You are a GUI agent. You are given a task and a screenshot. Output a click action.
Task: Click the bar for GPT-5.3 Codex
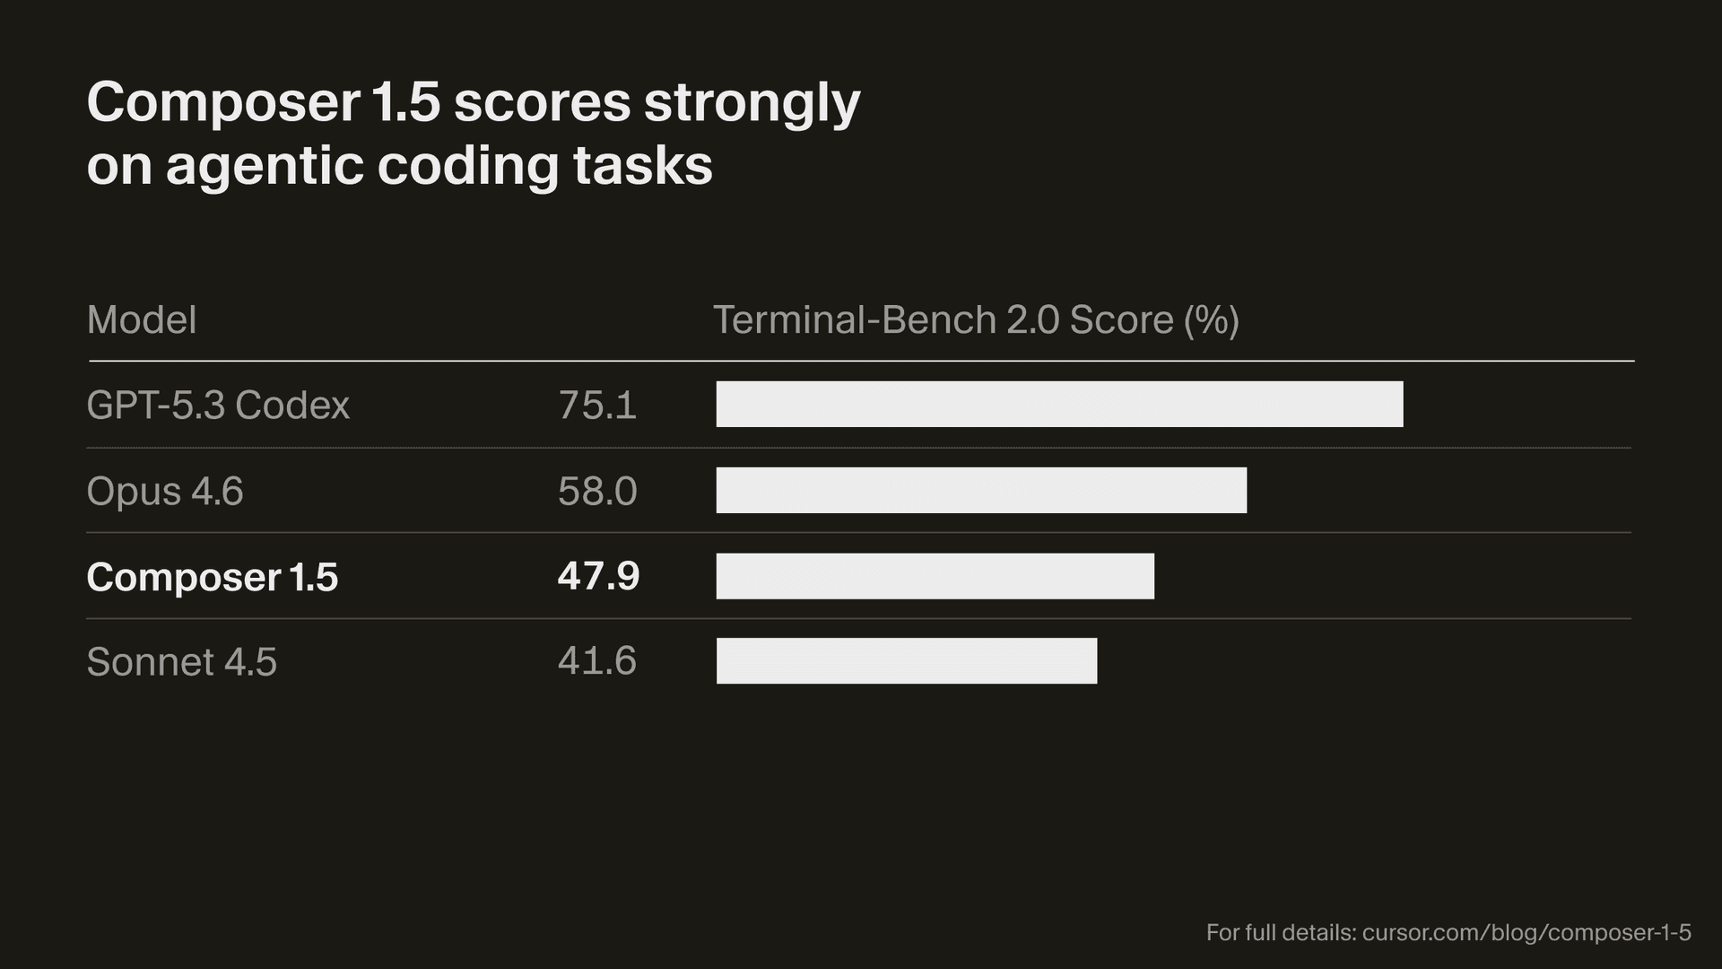tap(1059, 404)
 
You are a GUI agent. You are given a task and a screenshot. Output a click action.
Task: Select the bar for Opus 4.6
tap(981, 490)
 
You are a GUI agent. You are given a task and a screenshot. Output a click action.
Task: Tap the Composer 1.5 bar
tap(935, 576)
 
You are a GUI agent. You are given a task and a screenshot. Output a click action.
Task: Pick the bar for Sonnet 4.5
tap(906, 661)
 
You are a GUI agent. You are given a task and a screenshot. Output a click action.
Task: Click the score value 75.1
tap(597, 405)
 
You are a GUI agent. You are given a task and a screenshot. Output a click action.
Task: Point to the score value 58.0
tap(597, 491)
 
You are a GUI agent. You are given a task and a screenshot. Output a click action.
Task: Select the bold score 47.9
tap(598, 576)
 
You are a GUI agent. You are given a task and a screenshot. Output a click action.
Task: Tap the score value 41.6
tap(597, 661)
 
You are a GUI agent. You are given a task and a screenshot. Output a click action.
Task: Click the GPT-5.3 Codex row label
tap(218, 405)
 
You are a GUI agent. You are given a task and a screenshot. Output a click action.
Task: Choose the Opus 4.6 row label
tap(165, 491)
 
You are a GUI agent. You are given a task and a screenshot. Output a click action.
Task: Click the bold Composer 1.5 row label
tap(213, 577)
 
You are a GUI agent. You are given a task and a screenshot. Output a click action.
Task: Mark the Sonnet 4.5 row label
tap(182, 662)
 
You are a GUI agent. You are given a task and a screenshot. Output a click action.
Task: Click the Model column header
tap(142, 320)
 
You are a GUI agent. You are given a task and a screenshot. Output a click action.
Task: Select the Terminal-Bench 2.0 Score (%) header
tap(976, 320)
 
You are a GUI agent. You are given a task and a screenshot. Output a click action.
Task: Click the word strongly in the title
tap(752, 104)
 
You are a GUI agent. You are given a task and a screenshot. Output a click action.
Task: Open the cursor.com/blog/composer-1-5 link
tap(1526, 932)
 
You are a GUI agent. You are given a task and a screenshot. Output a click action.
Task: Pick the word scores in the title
tap(542, 102)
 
